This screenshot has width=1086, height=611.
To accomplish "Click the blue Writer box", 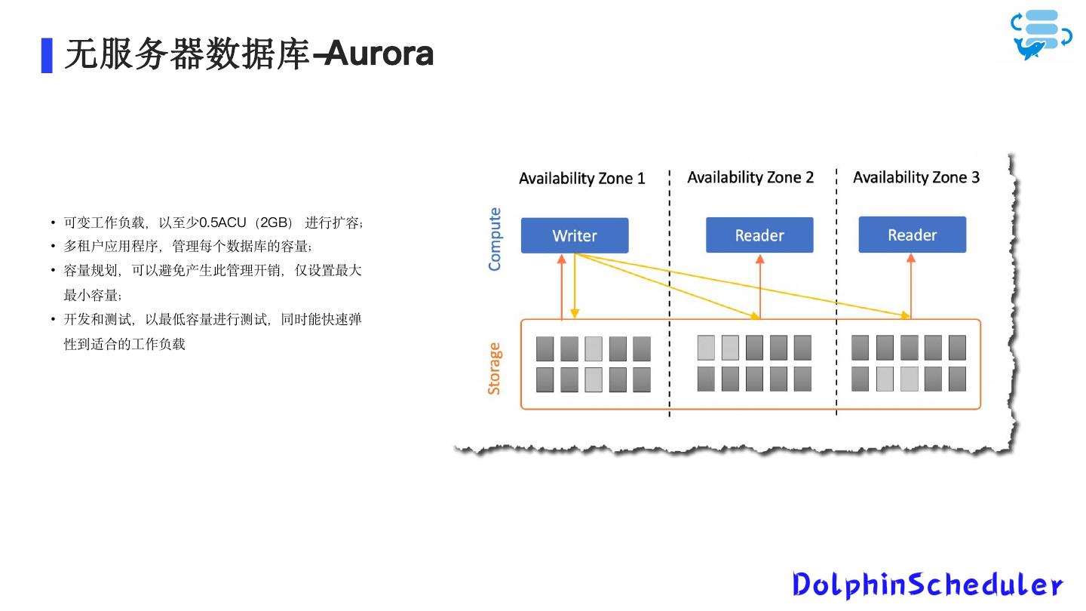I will point(574,235).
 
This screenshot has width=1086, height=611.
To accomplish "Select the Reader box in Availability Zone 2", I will point(759,235).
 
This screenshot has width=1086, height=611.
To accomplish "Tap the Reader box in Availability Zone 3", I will point(912,235).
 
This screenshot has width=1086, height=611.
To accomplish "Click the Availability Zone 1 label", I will point(581,179).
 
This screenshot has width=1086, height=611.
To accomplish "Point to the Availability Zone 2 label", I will point(750,177).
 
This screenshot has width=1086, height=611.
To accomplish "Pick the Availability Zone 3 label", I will point(916,177).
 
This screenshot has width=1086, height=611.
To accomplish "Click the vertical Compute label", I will point(495,239).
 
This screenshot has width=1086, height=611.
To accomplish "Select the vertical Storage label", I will point(494,368).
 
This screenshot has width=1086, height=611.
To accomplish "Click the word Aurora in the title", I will point(380,54).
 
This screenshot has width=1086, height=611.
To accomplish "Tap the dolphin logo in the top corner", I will point(1041,35).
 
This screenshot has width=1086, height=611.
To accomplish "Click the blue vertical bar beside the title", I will point(47,55).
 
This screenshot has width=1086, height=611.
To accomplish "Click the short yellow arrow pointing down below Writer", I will point(575,287).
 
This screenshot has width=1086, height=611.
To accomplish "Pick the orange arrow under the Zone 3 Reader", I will point(911,287).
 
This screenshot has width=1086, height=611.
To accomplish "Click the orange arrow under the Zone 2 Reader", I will point(760,287).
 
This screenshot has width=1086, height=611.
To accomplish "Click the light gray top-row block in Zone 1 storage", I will point(594,348).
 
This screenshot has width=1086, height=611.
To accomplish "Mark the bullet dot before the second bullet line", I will point(53,246).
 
